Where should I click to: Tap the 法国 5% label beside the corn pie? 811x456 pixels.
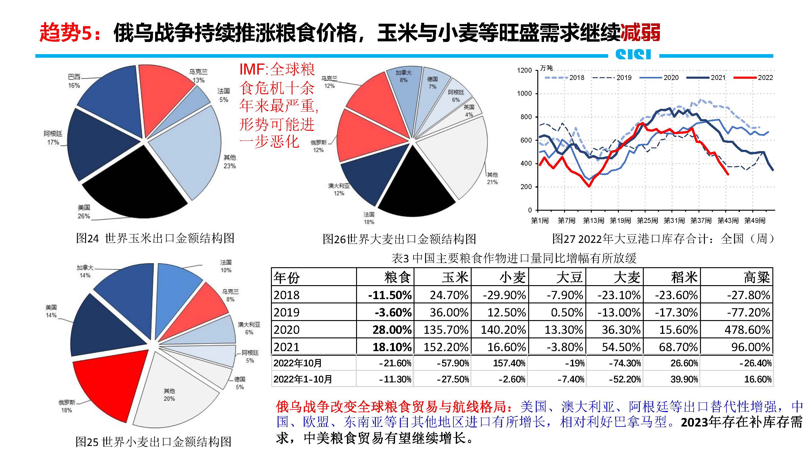224,95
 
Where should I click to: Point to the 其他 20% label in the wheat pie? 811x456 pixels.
169,395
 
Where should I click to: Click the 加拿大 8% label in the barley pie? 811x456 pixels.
404,76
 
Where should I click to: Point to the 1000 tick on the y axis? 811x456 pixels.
524,93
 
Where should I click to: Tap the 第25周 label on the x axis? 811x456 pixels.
647,221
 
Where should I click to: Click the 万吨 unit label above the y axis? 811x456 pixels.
546,68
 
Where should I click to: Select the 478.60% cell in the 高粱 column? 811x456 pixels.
747,330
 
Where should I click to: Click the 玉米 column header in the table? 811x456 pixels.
455,277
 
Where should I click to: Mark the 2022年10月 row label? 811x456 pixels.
297,363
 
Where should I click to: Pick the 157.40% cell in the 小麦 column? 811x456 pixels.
509,363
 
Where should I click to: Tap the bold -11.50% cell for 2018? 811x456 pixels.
390,295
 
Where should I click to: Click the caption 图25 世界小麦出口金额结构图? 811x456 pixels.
153,442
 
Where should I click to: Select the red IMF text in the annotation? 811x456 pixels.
252,69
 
